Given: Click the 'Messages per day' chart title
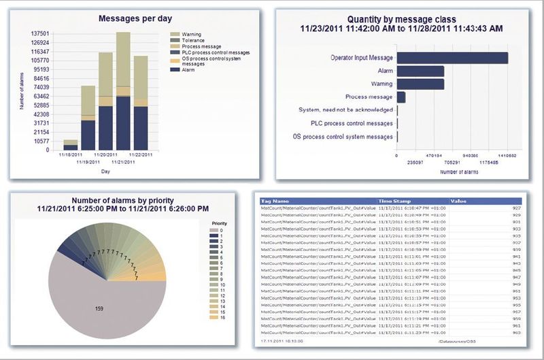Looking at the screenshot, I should (x=133, y=18).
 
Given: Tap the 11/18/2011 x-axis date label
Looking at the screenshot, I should (x=70, y=155).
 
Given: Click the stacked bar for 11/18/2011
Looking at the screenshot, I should (x=71, y=144).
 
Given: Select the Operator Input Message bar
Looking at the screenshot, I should (x=452, y=58).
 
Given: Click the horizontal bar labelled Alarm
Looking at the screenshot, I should (x=420, y=71).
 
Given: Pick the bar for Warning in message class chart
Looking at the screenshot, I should (x=420, y=84).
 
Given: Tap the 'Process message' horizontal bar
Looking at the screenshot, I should (x=401, y=97).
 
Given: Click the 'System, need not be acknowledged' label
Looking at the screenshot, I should (x=346, y=110).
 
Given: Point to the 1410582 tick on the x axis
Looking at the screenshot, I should (x=507, y=156).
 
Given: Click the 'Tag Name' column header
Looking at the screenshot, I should (x=275, y=201).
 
